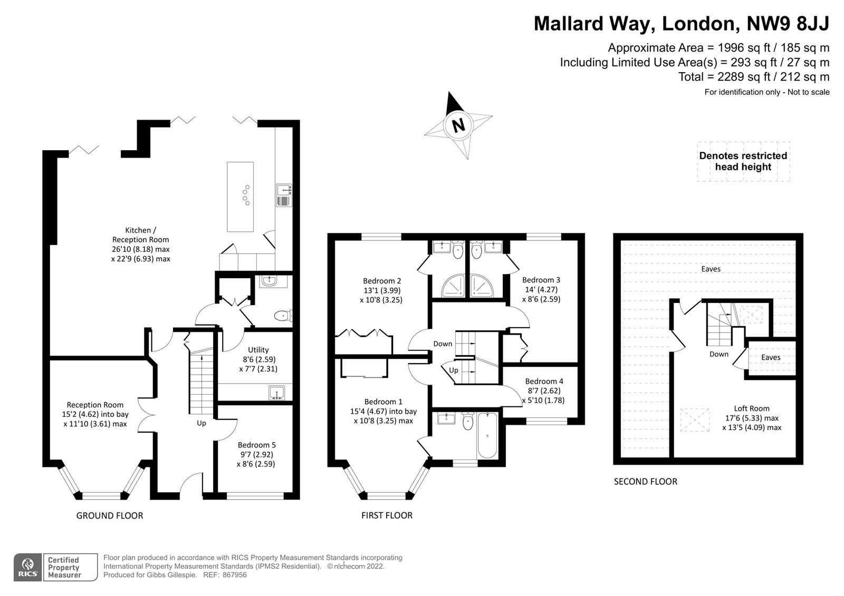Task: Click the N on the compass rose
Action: click(x=458, y=126)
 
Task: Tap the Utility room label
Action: click(x=258, y=350)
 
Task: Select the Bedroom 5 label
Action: click(x=256, y=445)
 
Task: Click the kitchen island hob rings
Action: click(x=246, y=196)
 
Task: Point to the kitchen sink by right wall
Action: click(x=283, y=195)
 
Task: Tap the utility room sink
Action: click(x=276, y=393)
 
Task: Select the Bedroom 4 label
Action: click(x=544, y=381)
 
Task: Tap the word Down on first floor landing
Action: click(x=443, y=344)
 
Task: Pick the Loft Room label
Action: click(x=751, y=408)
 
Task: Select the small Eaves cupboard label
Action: click(x=771, y=357)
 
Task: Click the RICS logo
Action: click(x=27, y=568)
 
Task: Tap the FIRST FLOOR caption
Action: click(x=387, y=515)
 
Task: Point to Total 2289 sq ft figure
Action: click(x=753, y=77)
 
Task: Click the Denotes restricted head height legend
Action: click(x=743, y=162)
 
